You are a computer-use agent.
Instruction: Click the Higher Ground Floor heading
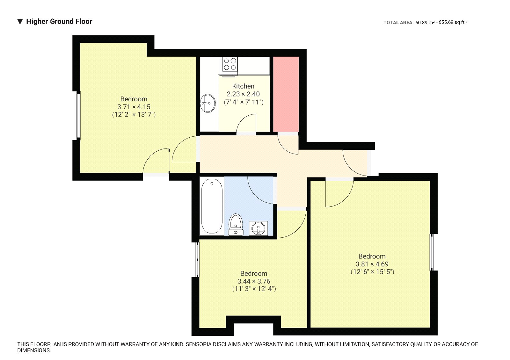(x=59, y=21)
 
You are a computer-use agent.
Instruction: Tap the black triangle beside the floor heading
(x=20, y=22)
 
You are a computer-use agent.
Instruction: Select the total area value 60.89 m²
(x=425, y=22)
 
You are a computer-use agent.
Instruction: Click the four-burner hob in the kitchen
(x=230, y=64)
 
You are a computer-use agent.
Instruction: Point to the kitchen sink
(x=208, y=103)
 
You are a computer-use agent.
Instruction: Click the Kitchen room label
(x=243, y=86)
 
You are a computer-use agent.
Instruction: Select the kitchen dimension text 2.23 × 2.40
(x=243, y=94)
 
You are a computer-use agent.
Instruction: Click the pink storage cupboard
(x=286, y=94)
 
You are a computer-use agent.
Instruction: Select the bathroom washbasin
(x=258, y=228)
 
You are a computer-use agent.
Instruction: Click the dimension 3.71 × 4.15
(x=134, y=107)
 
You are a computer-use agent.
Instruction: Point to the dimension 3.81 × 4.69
(x=372, y=264)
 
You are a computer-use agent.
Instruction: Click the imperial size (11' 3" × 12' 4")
(x=254, y=289)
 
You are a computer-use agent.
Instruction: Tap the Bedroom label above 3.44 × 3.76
(x=254, y=273)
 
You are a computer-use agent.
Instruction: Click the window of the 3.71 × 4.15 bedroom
(x=78, y=115)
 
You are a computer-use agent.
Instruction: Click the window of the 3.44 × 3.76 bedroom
(x=197, y=259)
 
